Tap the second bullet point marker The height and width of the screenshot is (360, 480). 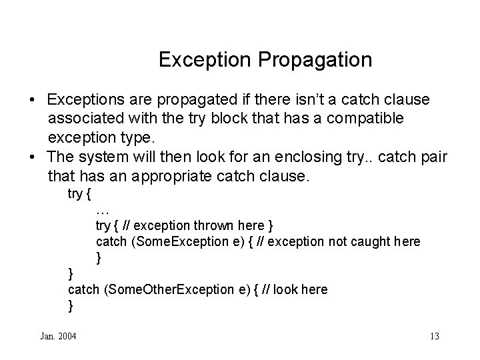(x=33, y=157)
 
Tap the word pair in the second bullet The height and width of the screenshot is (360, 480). (x=433, y=157)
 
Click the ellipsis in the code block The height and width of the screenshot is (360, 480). (x=103, y=210)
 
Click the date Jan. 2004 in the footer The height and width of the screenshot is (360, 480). (x=59, y=335)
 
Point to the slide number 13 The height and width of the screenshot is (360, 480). (x=435, y=335)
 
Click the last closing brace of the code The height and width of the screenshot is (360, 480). (x=71, y=305)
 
